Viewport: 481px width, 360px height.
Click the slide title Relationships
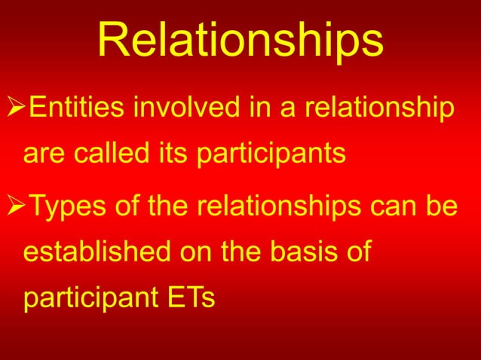pos(240,42)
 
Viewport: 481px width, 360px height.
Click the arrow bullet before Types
pos(14,204)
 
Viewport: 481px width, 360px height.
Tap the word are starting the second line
pos(44,155)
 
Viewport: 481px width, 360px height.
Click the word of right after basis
pos(357,252)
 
